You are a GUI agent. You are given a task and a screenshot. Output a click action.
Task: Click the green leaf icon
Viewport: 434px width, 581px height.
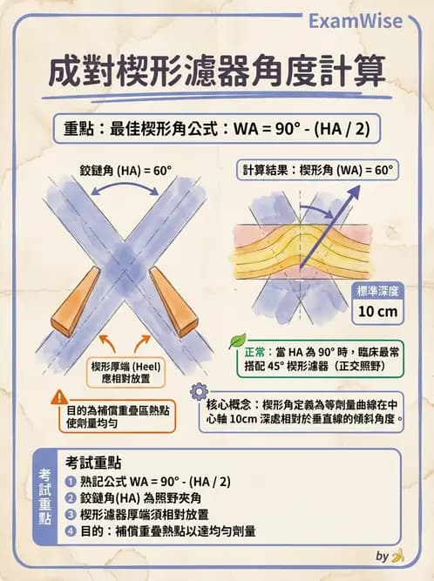237,341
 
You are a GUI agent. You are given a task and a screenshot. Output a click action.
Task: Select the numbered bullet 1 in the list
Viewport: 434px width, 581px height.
71,481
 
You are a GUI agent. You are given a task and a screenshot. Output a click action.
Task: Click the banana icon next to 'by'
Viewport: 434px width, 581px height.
397,555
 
